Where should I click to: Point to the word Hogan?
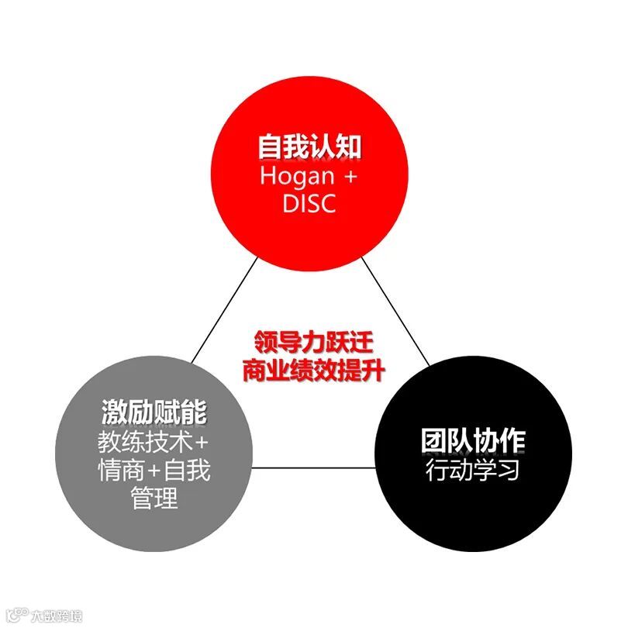[x=296, y=176]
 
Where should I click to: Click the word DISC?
[x=310, y=205]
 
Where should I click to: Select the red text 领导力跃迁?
[x=310, y=342]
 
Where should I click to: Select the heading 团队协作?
[x=474, y=440]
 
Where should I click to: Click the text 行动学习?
[x=474, y=470]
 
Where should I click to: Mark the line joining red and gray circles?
[x=225, y=310]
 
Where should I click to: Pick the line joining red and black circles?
[x=396, y=310]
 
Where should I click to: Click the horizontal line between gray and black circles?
[x=314, y=467]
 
